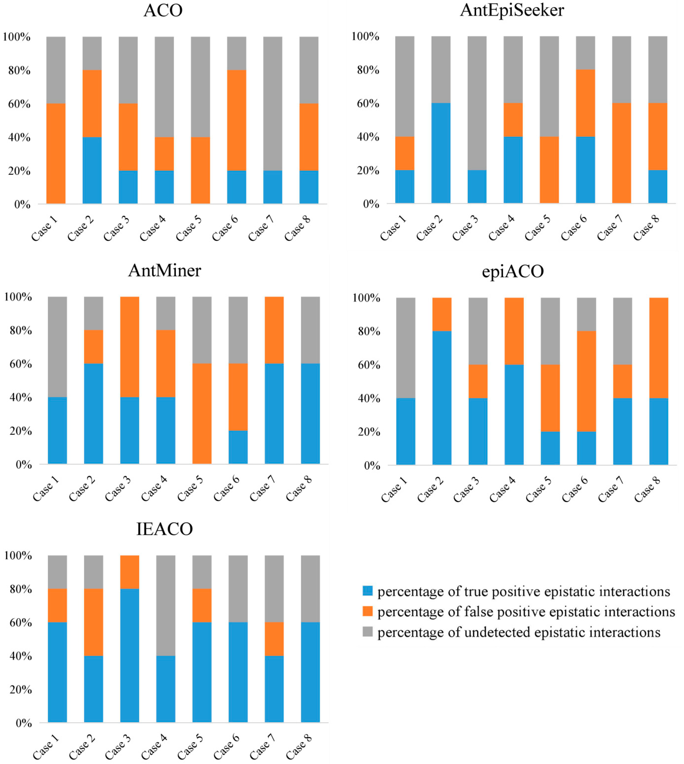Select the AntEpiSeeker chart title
[512, 10]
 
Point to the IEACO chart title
[164, 529]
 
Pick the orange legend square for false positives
[368, 612]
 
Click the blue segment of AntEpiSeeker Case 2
[441, 153]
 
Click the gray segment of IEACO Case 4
[166, 606]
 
